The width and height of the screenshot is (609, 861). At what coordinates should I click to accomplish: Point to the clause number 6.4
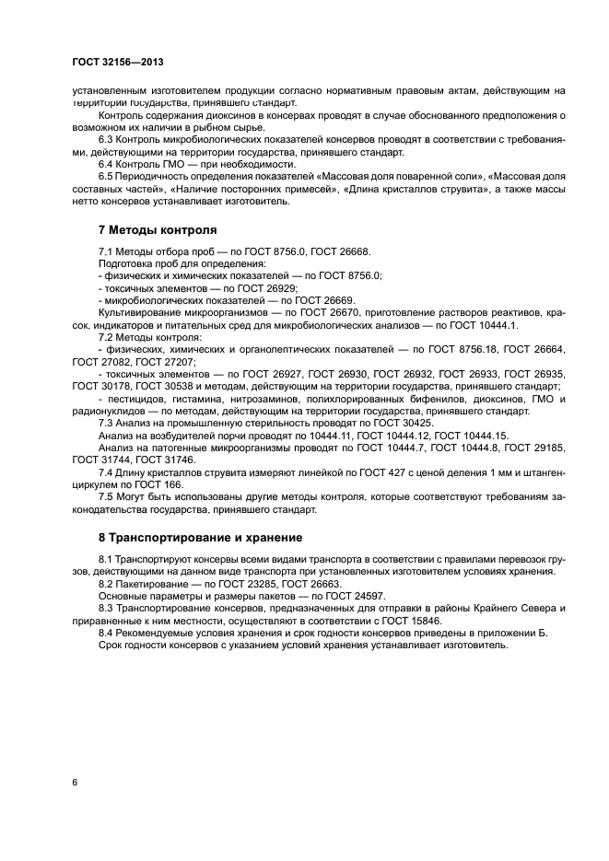(107, 163)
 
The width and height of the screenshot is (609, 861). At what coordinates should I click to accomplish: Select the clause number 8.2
(107, 584)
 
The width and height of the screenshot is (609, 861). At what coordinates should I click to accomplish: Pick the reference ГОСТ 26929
(240, 288)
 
